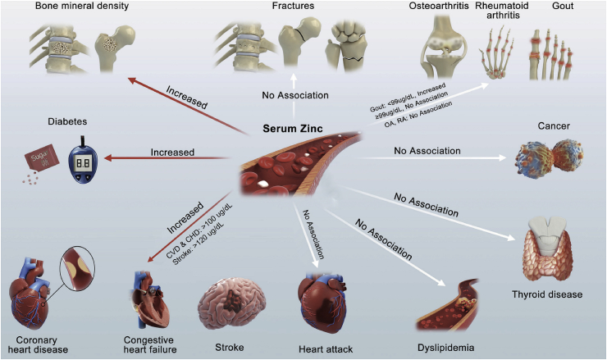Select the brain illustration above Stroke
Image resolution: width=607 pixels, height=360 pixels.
tap(231, 301)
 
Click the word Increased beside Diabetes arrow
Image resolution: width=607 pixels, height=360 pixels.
tap(173, 152)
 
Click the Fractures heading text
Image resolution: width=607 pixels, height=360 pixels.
tap(292, 8)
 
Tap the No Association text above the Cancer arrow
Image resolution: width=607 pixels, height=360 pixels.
tap(427, 151)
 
